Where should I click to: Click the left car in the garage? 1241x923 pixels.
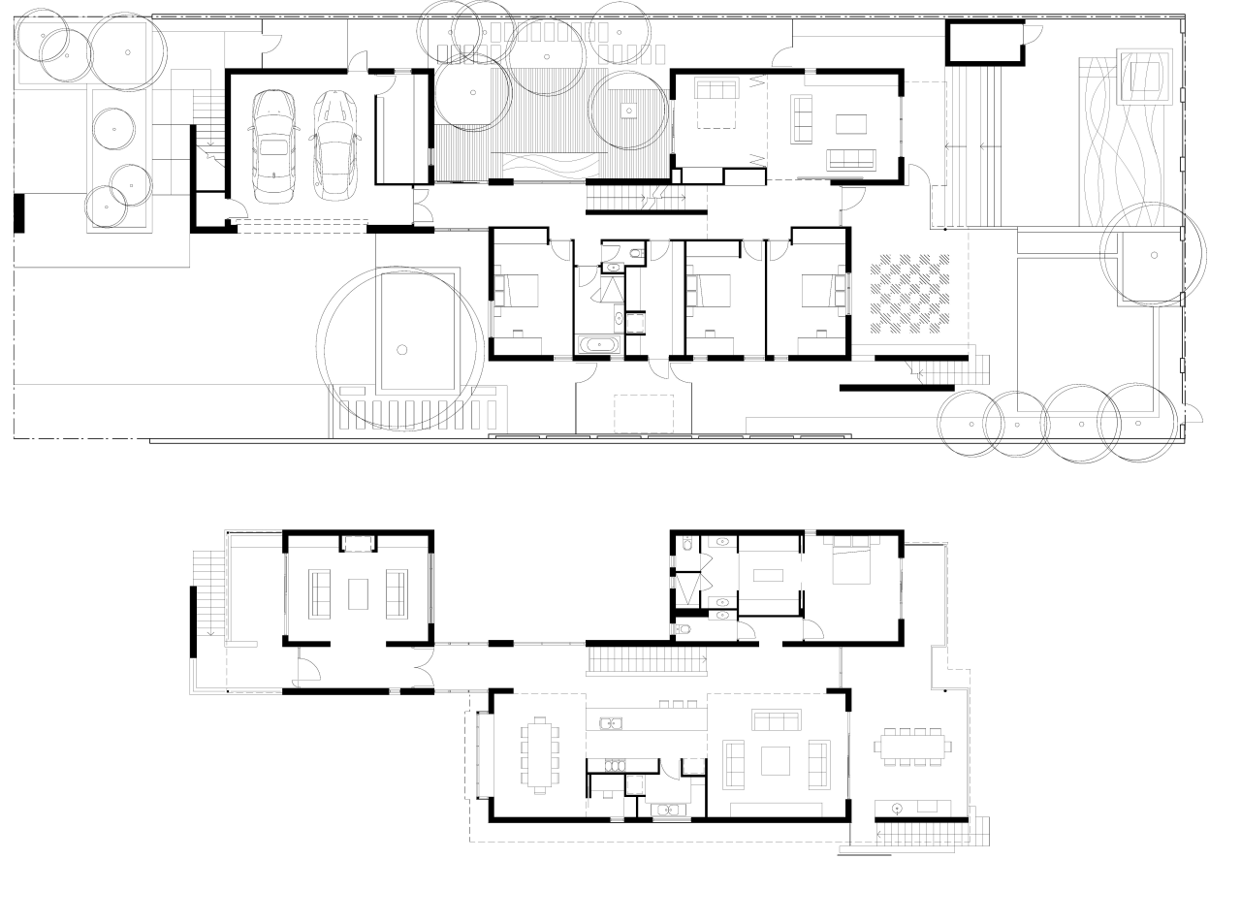(273, 146)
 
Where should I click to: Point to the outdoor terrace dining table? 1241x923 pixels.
(911, 747)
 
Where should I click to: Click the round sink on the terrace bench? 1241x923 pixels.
(898, 807)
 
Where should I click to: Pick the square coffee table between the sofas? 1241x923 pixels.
(775, 760)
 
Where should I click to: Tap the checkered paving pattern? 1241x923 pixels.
(912, 293)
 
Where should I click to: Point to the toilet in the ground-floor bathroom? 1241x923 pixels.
(634, 254)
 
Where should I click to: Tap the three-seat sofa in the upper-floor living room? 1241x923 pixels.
(777, 720)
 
